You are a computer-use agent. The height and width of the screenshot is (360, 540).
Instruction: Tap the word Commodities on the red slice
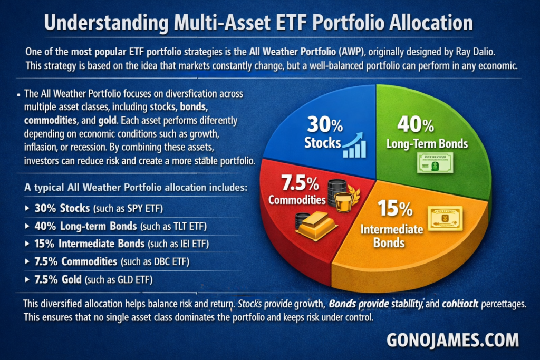(297, 200)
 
